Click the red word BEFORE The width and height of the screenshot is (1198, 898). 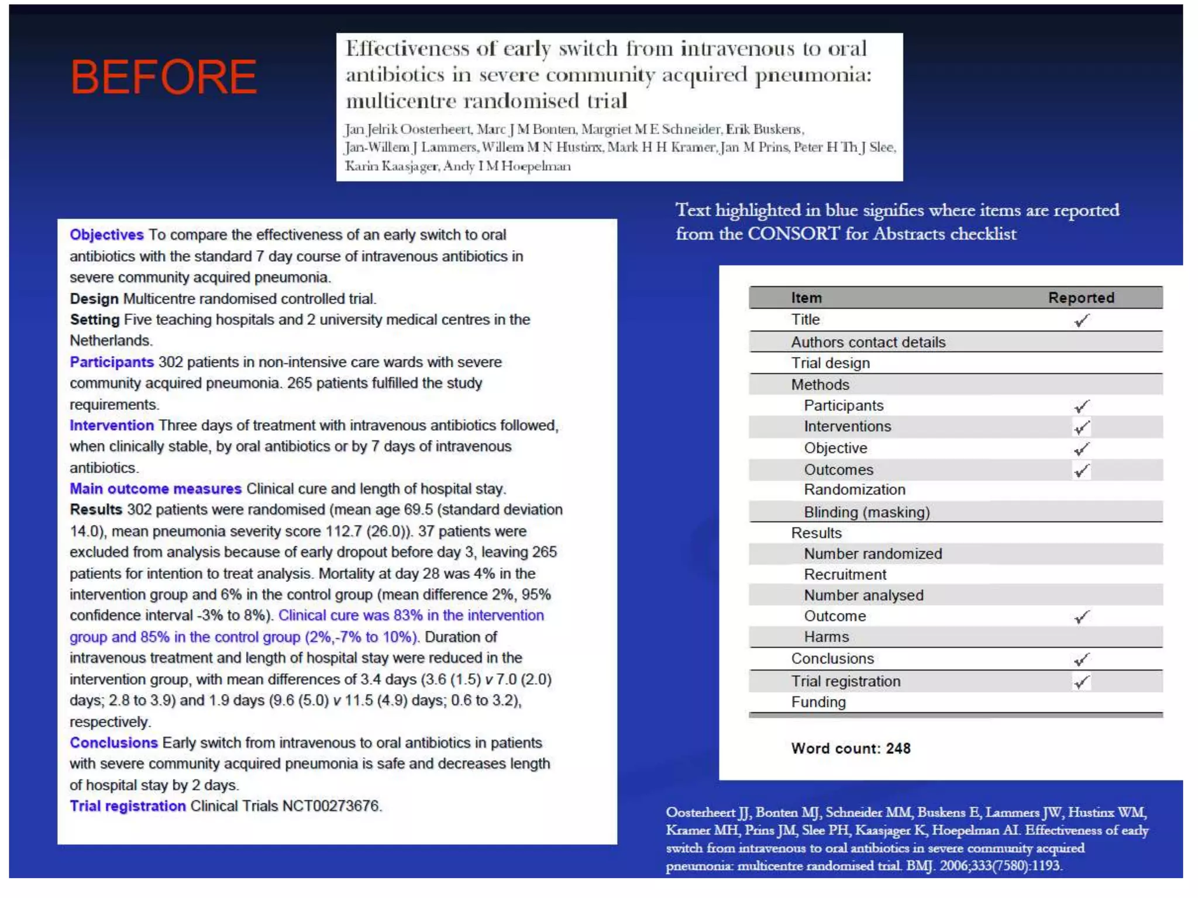click(163, 77)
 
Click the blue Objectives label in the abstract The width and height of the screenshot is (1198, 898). click(106, 234)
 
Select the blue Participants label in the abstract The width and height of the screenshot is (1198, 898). click(112, 362)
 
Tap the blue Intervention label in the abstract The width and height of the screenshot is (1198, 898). click(112, 425)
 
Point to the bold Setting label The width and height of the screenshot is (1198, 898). click(95, 319)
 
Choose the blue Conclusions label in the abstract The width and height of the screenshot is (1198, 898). click(113, 742)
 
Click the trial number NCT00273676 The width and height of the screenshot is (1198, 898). click(331, 806)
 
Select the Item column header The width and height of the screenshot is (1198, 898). click(806, 298)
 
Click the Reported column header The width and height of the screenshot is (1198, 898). click(1080, 298)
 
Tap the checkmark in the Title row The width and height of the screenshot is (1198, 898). click(1082, 320)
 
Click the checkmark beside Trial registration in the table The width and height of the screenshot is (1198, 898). click(1082, 682)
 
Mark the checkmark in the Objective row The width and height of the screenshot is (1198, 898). click(1082, 449)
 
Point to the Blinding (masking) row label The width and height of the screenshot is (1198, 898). click(866, 512)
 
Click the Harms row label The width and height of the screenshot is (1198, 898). click(826, 637)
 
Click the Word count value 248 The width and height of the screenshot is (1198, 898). click(898, 748)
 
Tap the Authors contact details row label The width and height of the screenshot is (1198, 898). click(868, 342)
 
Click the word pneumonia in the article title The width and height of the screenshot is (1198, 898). click(813, 75)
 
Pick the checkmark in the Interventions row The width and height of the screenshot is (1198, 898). click(1082, 427)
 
